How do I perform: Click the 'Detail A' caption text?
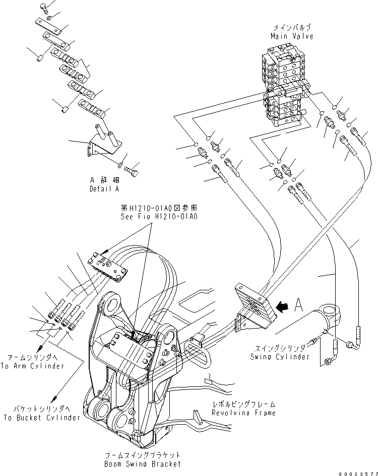104,189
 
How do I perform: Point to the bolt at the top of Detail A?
45,7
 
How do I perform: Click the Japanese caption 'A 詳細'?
104,181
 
